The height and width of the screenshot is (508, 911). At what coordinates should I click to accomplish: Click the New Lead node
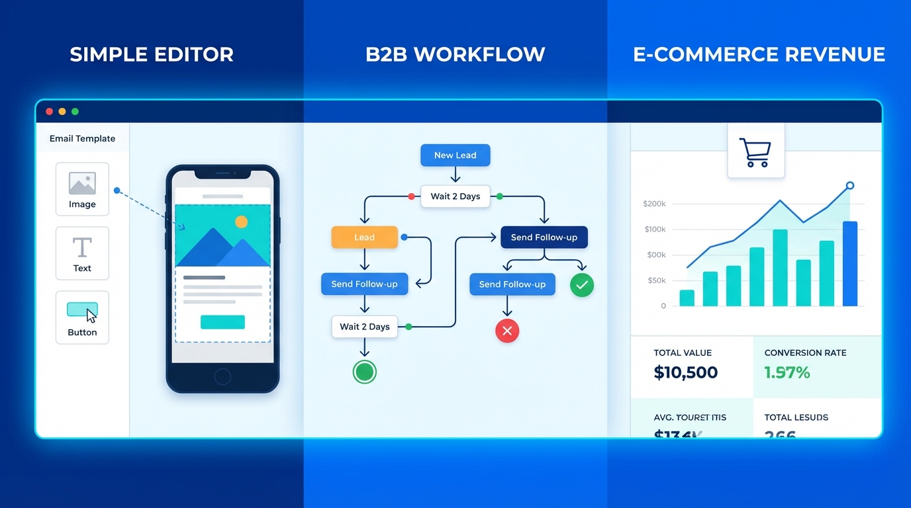455,155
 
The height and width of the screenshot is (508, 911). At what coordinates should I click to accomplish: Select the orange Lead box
364,237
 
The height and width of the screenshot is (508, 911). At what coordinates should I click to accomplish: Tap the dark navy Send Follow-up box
544,237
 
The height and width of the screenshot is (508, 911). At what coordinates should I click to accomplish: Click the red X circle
507,331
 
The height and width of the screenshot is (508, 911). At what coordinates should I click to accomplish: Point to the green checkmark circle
582,285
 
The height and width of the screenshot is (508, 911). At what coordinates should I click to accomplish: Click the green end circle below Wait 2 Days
364,372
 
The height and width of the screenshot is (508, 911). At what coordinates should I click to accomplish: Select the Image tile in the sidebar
82,189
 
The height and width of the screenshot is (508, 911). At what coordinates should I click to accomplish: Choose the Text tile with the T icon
82,253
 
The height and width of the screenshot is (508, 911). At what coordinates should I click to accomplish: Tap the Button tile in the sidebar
82,317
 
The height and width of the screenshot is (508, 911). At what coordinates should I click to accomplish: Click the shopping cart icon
755,152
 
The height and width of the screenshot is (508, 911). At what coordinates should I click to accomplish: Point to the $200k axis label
654,204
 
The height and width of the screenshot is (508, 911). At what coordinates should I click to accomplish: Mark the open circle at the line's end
850,186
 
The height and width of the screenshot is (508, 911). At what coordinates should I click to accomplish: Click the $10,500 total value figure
685,372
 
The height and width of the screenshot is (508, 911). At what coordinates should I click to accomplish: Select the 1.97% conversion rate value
787,372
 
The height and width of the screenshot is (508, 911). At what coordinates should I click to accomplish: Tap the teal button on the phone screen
222,322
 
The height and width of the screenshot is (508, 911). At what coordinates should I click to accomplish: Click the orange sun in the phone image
241,222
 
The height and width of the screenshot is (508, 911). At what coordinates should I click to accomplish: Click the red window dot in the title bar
49,112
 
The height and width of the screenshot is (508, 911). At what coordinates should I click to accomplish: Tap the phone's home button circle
222,377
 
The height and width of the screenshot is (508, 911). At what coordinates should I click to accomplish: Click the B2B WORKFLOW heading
455,54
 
